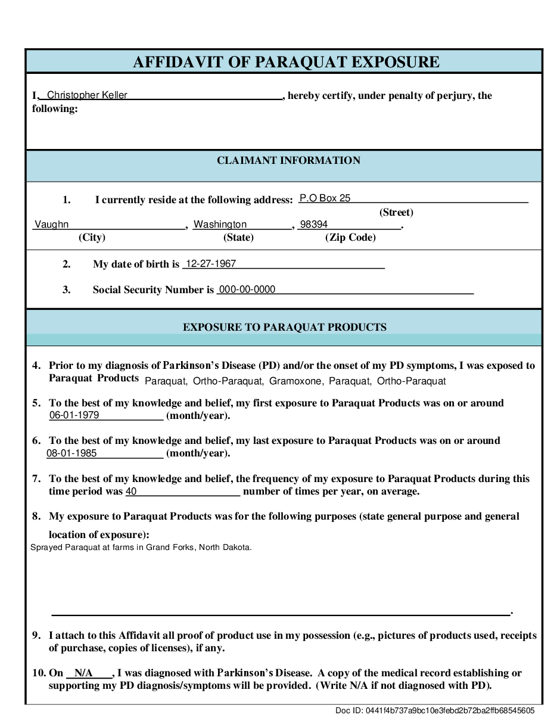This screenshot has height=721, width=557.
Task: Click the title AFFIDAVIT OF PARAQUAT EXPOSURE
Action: pyautogui.click(x=286, y=62)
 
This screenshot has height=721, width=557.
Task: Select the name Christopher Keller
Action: pyautogui.click(x=87, y=95)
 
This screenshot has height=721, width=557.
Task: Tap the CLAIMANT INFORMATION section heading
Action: pyautogui.click(x=288, y=160)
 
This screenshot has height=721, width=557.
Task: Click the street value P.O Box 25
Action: pyautogui.click(x=325, y=198)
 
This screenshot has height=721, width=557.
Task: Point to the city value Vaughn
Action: pyautogui.click(x=51, y=225)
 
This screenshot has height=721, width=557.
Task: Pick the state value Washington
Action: pyautogui.click(x=220, y=225)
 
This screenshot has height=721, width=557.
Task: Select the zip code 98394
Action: pyautogui.click(x=314, y=225)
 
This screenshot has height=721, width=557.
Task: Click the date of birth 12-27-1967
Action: pyautogui.click(x=211, y=263)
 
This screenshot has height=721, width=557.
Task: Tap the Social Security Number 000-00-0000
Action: pyautogui.click(x=247, y=290)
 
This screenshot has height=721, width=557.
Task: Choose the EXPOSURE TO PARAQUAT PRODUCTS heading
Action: pyautogui.click(x=284, y=327)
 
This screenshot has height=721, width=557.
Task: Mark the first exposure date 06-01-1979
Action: pyautogui.click(x=74, y=415)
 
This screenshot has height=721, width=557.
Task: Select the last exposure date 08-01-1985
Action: pyautogui.click(x=71, y=453)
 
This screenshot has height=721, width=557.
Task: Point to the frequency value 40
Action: pyautogui.click(x=132, y=492)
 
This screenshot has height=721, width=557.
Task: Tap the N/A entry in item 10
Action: pyautogui.click(x=83, y=673)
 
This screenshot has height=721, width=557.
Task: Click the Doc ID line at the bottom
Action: pyautogui.click(x=435, y=710)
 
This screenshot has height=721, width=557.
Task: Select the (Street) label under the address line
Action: pyautogui.click(x=396, y=212)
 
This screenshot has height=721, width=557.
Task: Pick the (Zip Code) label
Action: pyautogui.click(x=350, y=237)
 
